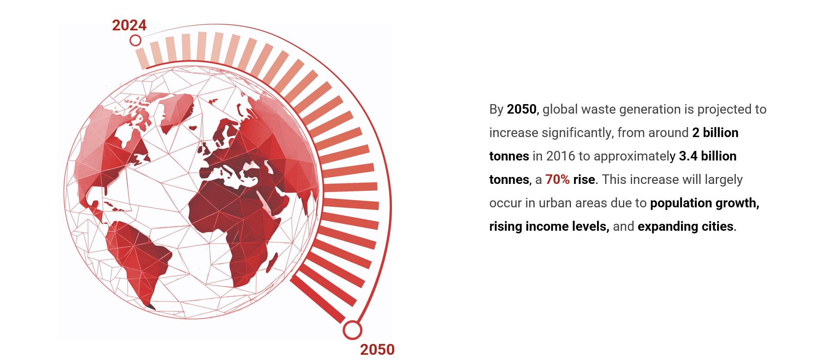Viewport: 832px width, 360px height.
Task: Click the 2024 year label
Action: coord(129,25)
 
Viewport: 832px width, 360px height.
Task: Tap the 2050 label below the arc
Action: coord(377,350)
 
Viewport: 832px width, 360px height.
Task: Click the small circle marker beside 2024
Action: coord(135,40)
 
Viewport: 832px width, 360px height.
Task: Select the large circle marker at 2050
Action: coord(352,330)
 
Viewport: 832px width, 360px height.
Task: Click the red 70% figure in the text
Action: coord(557,180)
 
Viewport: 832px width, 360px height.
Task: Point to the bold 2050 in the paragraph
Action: coord(522,109)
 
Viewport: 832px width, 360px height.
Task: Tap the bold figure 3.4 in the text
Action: coord(688,156)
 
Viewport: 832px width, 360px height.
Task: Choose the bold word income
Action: coord(547,226)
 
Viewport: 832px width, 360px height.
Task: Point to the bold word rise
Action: coord(584,180)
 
